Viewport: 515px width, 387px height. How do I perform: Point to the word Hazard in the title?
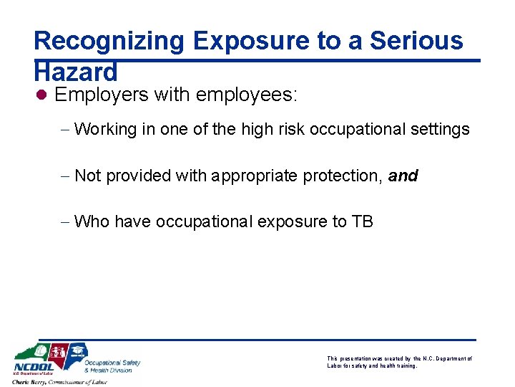(75, 72)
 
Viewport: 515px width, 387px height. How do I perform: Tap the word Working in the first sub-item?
(105, 130)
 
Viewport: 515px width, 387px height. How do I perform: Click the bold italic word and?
(403, 176)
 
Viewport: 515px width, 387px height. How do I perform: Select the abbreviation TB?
(362, 221)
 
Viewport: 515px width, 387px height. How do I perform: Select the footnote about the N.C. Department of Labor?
(399, 362)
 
